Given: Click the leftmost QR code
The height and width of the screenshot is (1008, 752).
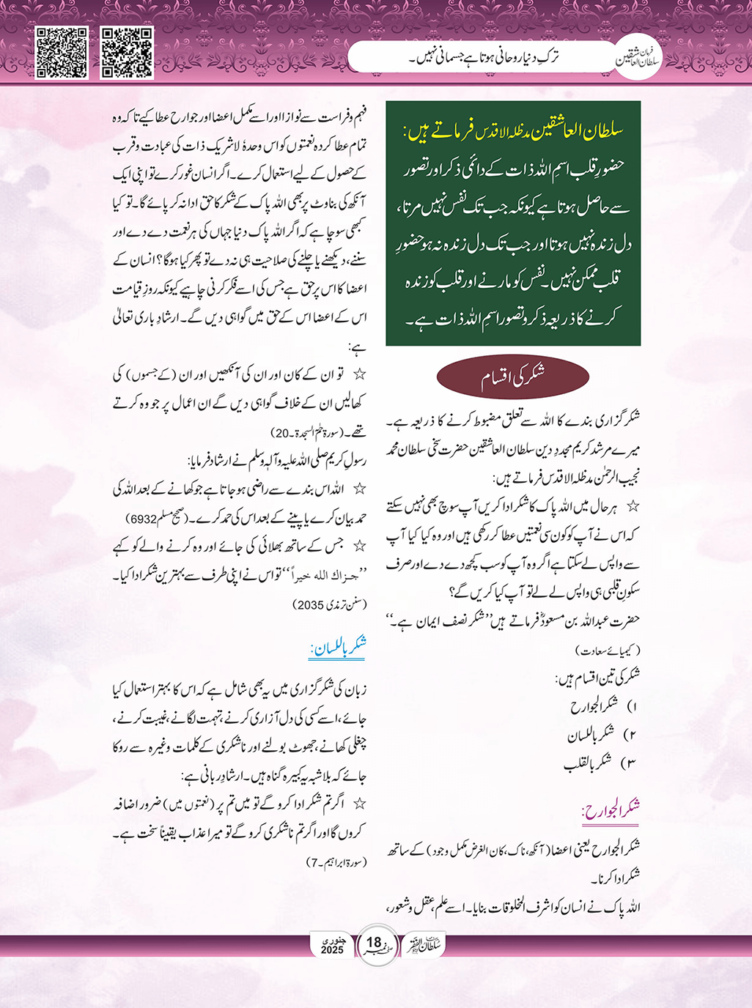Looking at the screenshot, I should [62, 53].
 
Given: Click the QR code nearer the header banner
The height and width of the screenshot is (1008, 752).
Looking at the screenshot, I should [127, 53].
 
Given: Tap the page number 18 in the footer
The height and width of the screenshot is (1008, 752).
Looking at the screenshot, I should [375, 944].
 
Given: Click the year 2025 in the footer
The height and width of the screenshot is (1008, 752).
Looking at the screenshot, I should [332, 950].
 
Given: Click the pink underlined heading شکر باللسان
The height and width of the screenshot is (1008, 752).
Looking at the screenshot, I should [338, 647].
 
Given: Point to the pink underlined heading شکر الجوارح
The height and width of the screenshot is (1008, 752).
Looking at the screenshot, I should [611, 808].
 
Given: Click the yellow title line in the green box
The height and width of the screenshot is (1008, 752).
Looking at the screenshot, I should [513, 132].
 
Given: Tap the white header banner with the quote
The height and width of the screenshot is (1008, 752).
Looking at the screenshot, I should [484, 56].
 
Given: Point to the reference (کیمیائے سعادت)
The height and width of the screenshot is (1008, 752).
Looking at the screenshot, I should [608, 650].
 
